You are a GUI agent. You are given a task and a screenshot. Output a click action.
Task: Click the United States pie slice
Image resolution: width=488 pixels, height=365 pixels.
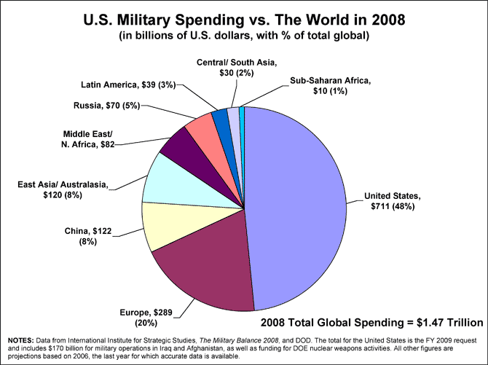coord(299,208)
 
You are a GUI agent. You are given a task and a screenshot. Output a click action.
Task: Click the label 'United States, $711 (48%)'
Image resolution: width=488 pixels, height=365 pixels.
coord(392,200)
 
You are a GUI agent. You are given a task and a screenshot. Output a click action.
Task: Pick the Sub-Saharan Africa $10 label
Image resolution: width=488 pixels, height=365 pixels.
coord(330,85)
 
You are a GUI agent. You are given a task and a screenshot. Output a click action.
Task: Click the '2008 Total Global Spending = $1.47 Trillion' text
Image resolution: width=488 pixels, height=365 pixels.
coord(371,321)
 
